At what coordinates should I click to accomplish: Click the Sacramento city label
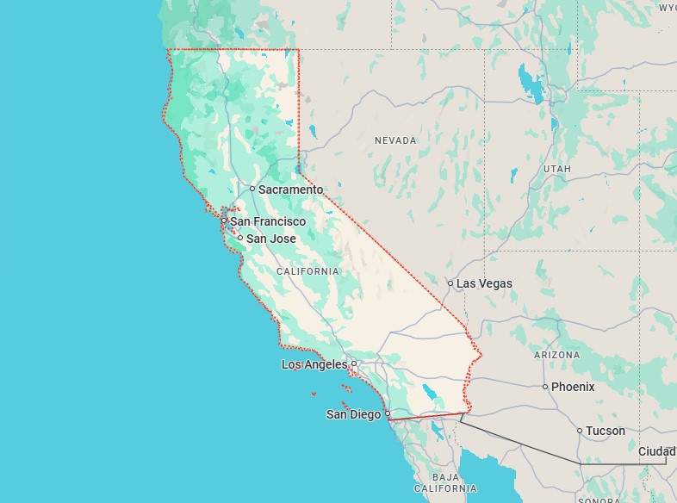click(x=291, y=189)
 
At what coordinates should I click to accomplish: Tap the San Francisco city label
click(x=267, y=221)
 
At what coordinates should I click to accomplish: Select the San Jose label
click(x=271, y=239)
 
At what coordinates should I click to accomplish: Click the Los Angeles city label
click(x=314, y=364)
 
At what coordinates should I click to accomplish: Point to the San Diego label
click(x=353, y=414)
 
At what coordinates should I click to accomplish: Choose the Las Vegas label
click(x=484, y=283)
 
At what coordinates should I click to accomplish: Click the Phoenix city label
click(x=573, y=387)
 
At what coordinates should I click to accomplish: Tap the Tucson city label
click(x=606, y=431)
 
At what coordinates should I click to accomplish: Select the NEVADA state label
click(x=395, y=140)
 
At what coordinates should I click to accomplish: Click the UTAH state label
click(x=557, y=169)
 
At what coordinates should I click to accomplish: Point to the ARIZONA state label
click(x=557, y=355)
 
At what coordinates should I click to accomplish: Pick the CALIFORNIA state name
click(x=307, y=271)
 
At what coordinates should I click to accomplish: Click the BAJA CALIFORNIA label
click(x=445, y=482)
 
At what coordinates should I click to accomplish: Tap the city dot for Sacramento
click(x=252, y=189)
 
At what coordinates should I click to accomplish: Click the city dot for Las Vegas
click(x=450, y=283)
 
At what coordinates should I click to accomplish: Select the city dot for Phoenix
click(x=545, y=387)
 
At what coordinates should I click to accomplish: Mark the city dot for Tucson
click(x=580, y=431)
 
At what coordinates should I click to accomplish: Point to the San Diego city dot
click(x=388, y=414)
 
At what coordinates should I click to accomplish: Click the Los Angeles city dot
click(x=353, y=363)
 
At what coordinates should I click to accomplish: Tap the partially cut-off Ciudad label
click(x=657, y=451)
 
